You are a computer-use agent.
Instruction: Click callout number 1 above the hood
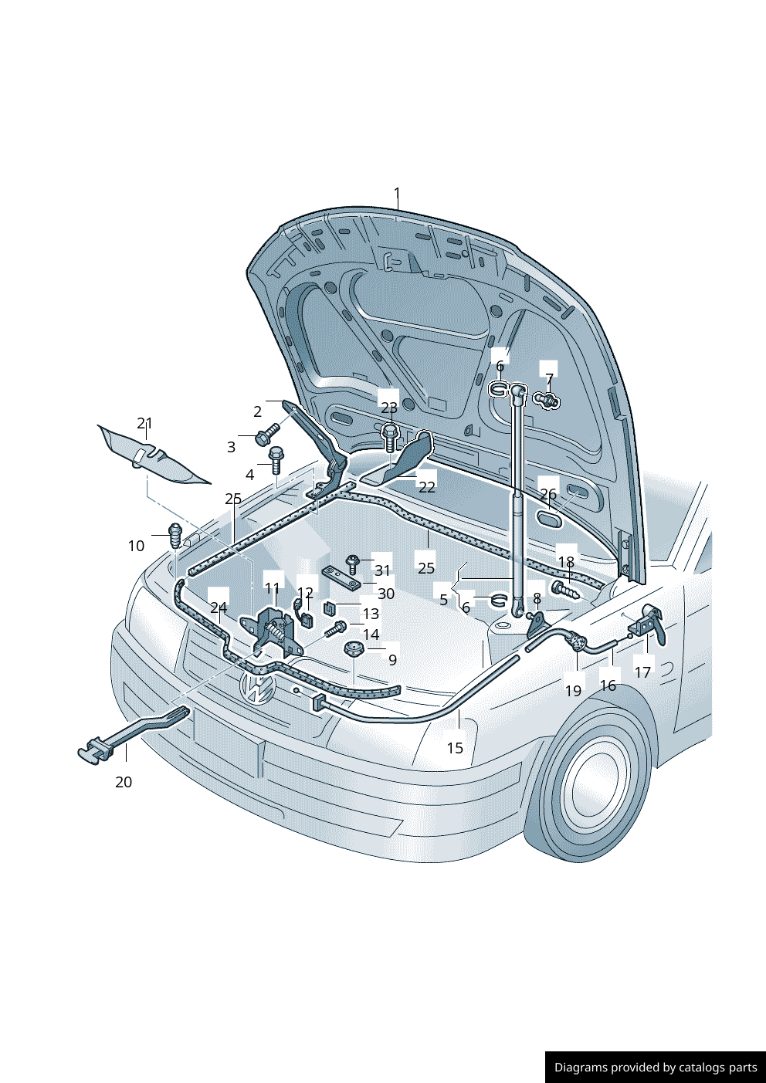click(x=397, y=194)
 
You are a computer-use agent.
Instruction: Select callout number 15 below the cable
click(x=455, y=748)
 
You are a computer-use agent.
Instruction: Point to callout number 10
click(x=136, y=546)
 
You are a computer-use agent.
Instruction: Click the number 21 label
click(x=144, y=423)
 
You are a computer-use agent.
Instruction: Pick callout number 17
click(x=642, y=672)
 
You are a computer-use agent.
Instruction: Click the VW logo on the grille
click(x=258, y=688)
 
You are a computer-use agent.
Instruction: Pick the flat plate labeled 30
click(x=342, y=577)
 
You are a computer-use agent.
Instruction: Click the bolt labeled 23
click(x=390, y=438)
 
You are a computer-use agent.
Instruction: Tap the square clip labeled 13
click(x=329, y=607)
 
